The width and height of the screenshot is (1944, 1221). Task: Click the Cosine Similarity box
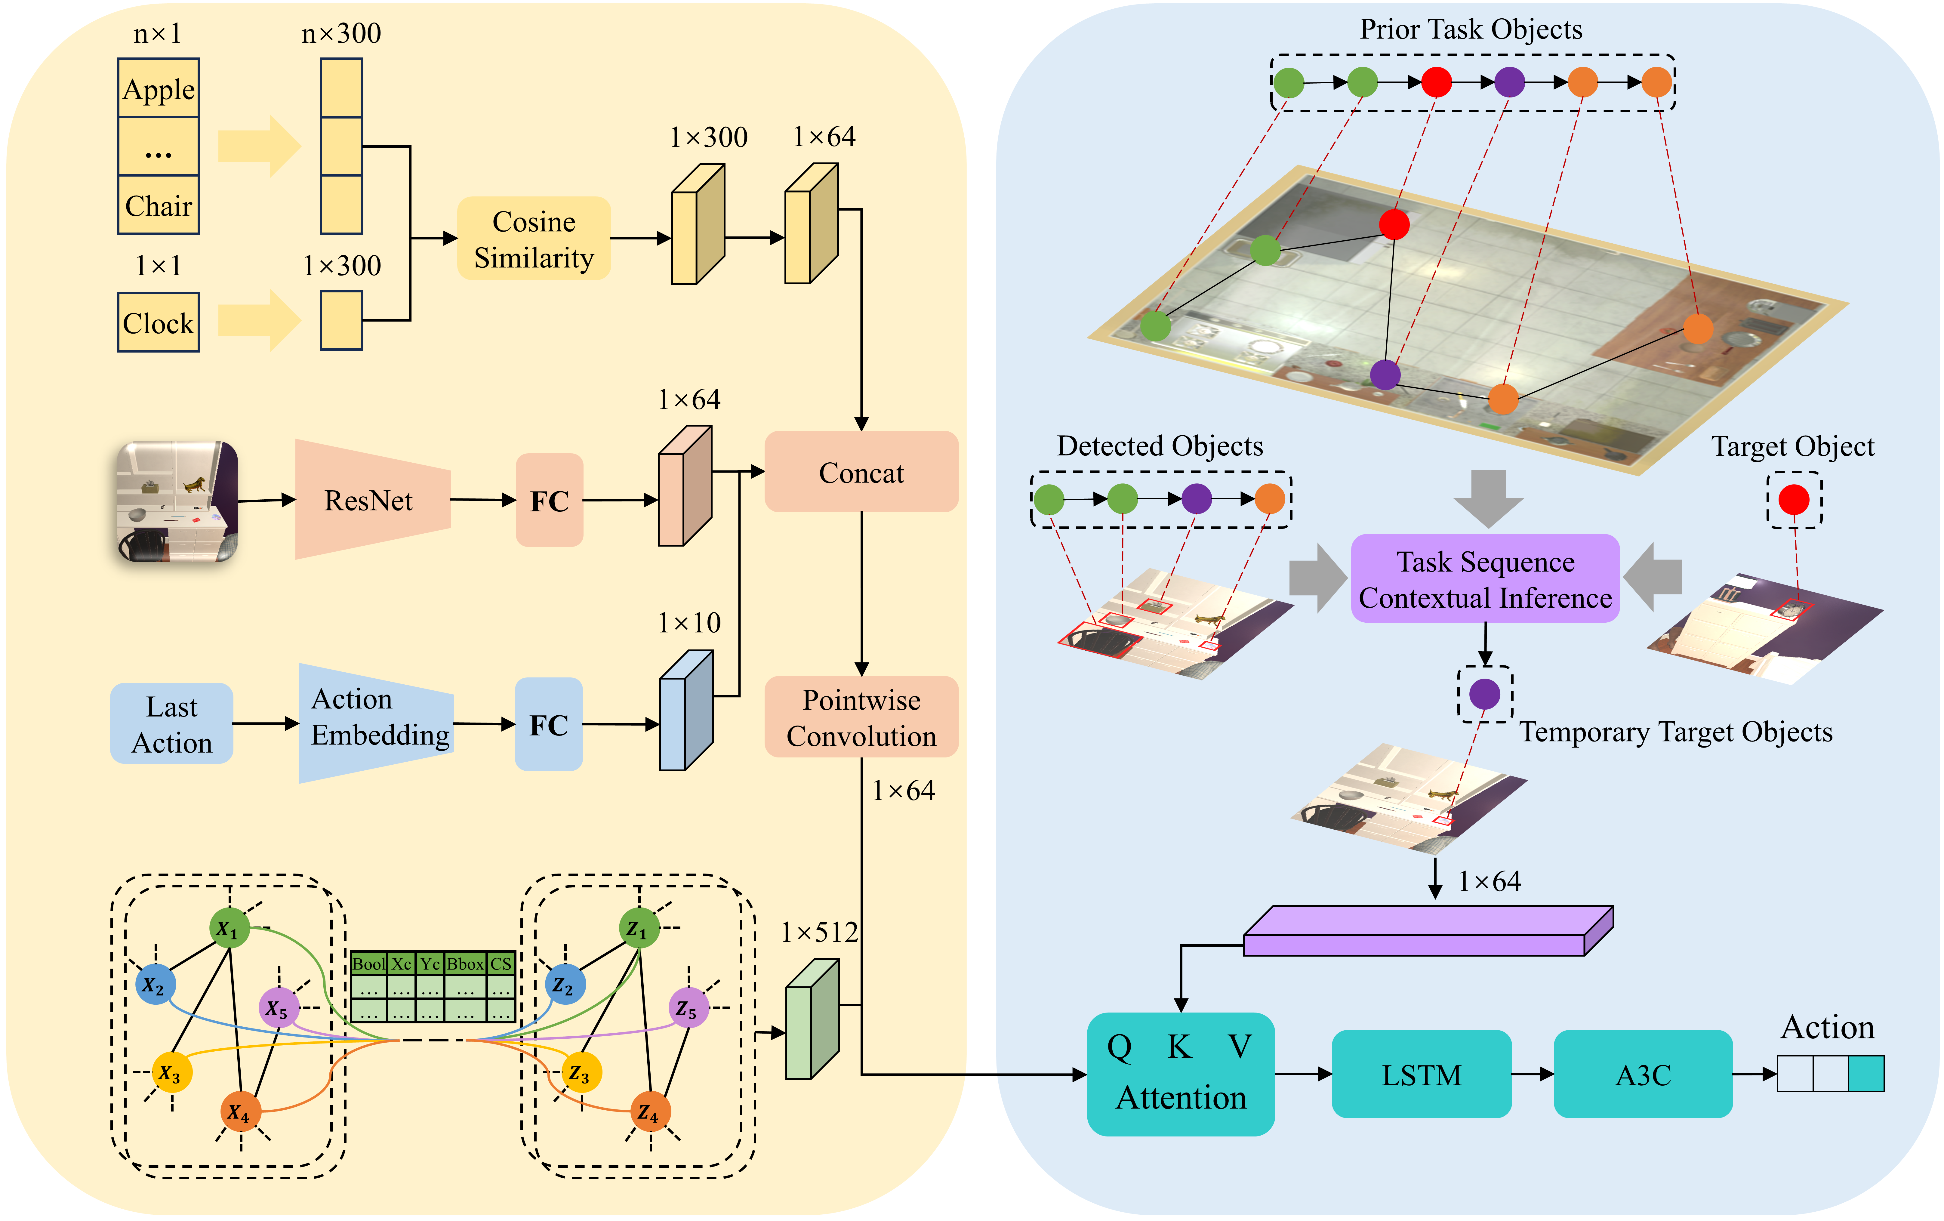[x=534, y=239]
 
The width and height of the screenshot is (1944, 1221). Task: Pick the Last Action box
[x=171, y=724]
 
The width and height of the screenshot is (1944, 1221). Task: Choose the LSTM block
[x=1421, y=1075]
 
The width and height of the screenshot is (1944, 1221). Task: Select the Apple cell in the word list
[x=158, y=89]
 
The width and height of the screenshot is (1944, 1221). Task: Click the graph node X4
[x=240, y=1112]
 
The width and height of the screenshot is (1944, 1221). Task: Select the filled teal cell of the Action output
[x=1866, y=1074]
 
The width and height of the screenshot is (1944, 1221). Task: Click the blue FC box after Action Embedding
[x=549, y=724]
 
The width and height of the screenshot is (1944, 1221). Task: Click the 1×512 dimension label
[x=819, y=933]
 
